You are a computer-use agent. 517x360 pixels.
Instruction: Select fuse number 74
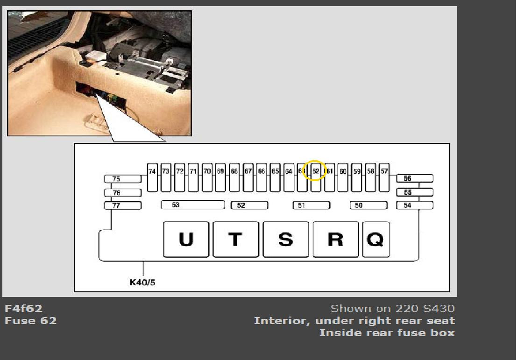click(152, 177)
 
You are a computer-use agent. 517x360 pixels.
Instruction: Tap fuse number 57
click(384, 177)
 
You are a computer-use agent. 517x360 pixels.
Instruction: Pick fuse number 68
click(234, 177)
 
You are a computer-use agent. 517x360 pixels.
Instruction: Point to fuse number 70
click(207, 177)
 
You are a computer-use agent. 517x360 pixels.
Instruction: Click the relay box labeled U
click(186, 239)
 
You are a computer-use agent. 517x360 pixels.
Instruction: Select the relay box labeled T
click(235, 239)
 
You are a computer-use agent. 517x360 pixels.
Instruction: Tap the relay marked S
click(285, 239)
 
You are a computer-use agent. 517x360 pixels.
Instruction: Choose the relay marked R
click(335, 239)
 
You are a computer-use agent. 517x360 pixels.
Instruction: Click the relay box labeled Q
click(375, 239)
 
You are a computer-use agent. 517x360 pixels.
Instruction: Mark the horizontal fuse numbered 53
click(192, 205)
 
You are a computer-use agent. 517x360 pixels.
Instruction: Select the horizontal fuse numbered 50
click(368, 205)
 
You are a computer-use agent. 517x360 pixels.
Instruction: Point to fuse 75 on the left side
click(122, 179)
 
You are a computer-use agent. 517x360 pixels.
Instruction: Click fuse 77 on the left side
click(122, 205)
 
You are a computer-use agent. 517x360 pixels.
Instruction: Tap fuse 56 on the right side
click(414, 178)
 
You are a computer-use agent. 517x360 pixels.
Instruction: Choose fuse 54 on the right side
click(414, 205)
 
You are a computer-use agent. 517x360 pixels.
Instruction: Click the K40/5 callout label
click(142, 282)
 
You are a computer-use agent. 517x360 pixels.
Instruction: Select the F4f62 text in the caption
click(23, 309)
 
